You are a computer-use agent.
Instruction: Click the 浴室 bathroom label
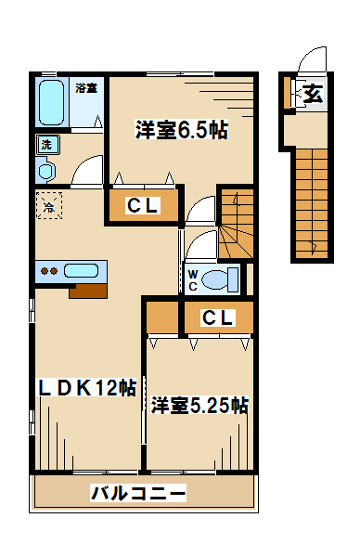[86, 88]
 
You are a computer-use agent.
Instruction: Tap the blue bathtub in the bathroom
[52, 102]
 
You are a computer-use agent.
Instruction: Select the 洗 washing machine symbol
[47, 145]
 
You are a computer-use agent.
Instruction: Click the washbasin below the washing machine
[46, 171]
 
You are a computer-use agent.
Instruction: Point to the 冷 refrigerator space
[49, 206]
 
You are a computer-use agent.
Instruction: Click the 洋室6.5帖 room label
[181, 130]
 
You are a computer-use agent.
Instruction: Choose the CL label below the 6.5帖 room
[142, 205]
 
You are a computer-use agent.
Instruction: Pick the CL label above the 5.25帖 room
[217, 317]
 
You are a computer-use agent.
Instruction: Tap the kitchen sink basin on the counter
[82, 271]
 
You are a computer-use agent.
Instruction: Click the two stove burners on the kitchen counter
[49, 271]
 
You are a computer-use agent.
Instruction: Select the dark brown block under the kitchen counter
[88, 291]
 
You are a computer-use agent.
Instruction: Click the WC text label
[193, 280]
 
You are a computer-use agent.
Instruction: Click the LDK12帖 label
[87, 387]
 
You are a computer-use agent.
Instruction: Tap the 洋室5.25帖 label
[199, 405]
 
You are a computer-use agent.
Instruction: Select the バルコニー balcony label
[138, 493]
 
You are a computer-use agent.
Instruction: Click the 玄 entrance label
[313, 94]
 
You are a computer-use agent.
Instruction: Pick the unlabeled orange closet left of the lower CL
[162, 317]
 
